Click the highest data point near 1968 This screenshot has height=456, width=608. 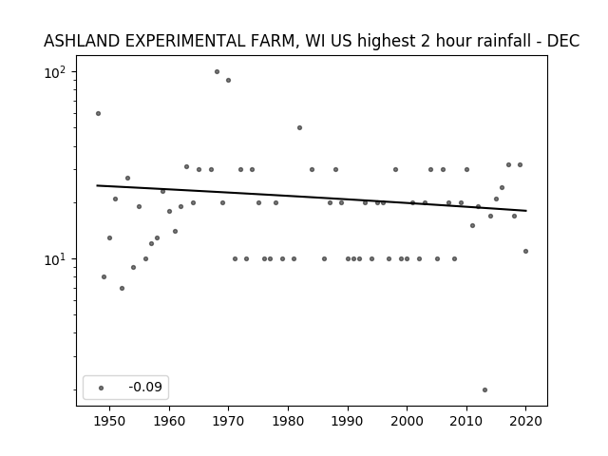click(x=217, y=72)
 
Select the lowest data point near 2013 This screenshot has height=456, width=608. click(x=484, y=390)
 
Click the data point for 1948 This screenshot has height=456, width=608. click(x=98, y=114)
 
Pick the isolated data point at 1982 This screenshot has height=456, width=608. click(x=299, y=128)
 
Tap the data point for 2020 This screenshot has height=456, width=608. click(x=525, y=251)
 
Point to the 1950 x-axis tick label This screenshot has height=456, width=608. click(x=110, y=421)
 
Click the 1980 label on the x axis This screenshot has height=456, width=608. click(x=288, y=421)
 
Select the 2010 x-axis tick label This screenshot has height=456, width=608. click(x=466, y=421)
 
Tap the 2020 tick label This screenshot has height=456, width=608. click(x=525, y=421)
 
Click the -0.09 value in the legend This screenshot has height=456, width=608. click(x=145, y=387)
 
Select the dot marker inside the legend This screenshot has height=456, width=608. click(x=102, y=388)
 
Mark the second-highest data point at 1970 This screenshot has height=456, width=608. click(x=228, y=80)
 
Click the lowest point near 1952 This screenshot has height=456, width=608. click(x=122, y=289)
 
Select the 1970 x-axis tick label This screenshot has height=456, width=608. click(x=228, y=421)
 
